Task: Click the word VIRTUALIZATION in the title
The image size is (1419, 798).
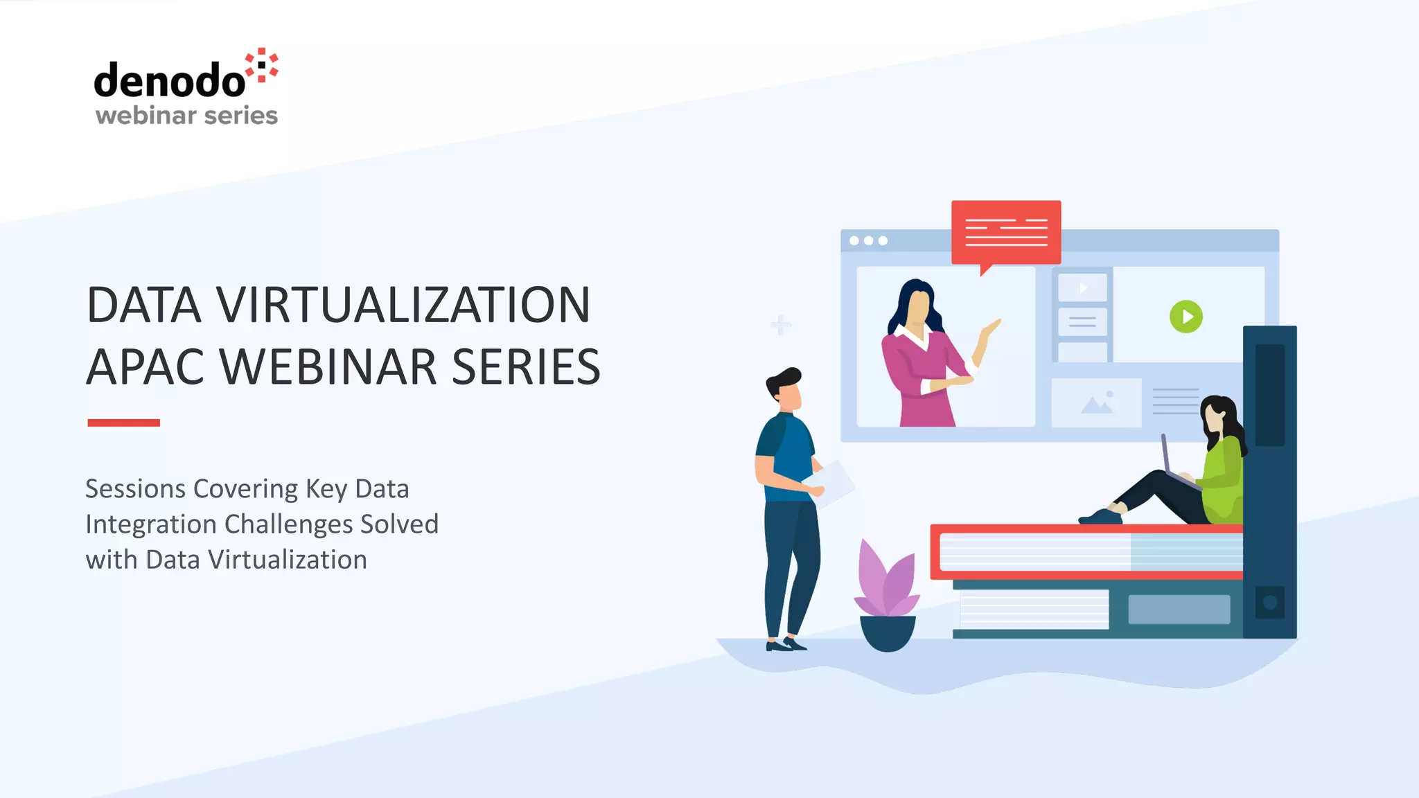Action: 403,305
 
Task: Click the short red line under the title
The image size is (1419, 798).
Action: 123,423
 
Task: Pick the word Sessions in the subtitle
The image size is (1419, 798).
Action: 135,489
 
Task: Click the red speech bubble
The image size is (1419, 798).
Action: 1005,232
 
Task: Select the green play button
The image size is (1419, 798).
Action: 1186,317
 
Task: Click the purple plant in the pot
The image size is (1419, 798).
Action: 886,582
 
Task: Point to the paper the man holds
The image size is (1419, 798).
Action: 835,482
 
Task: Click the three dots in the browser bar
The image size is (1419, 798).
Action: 868,240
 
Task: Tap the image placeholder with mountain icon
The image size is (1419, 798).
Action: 1096,402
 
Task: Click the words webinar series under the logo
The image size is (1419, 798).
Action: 186,115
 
